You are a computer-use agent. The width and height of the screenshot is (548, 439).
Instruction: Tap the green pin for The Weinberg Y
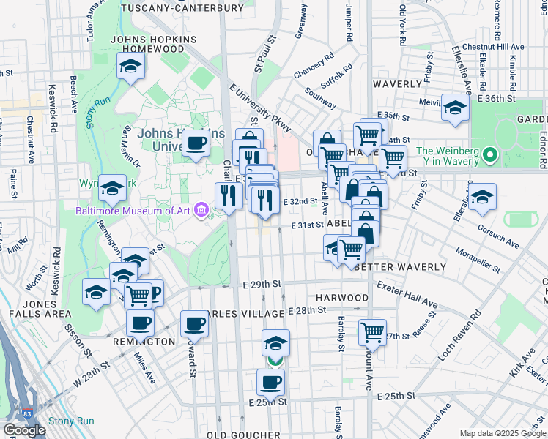(x=491, y=156)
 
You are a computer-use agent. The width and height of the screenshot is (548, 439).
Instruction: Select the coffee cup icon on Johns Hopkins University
(x=196, y=143)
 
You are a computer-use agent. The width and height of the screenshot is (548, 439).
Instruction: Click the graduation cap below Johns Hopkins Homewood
(x=130, y=67)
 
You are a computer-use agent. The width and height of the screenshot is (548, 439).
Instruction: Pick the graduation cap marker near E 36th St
(x=455, y=108)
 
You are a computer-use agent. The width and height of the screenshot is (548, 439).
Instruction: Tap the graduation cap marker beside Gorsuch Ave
(x=482, y=198)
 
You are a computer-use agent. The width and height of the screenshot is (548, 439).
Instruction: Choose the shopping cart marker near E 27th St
(x=372, y=332)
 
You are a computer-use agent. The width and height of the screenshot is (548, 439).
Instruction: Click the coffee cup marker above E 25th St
(x=271, y=381)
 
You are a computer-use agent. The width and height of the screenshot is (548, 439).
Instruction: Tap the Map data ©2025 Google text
(x=503, y=433)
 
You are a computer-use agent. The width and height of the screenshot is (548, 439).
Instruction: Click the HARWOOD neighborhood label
(x=342, y=298)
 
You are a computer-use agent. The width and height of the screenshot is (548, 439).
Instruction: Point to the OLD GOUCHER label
(x=243, y=435)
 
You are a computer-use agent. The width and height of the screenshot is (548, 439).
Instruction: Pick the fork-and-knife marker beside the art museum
(x=229, y=195)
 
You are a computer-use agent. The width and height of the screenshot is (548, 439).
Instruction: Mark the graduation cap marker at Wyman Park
(x=111, y=189)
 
